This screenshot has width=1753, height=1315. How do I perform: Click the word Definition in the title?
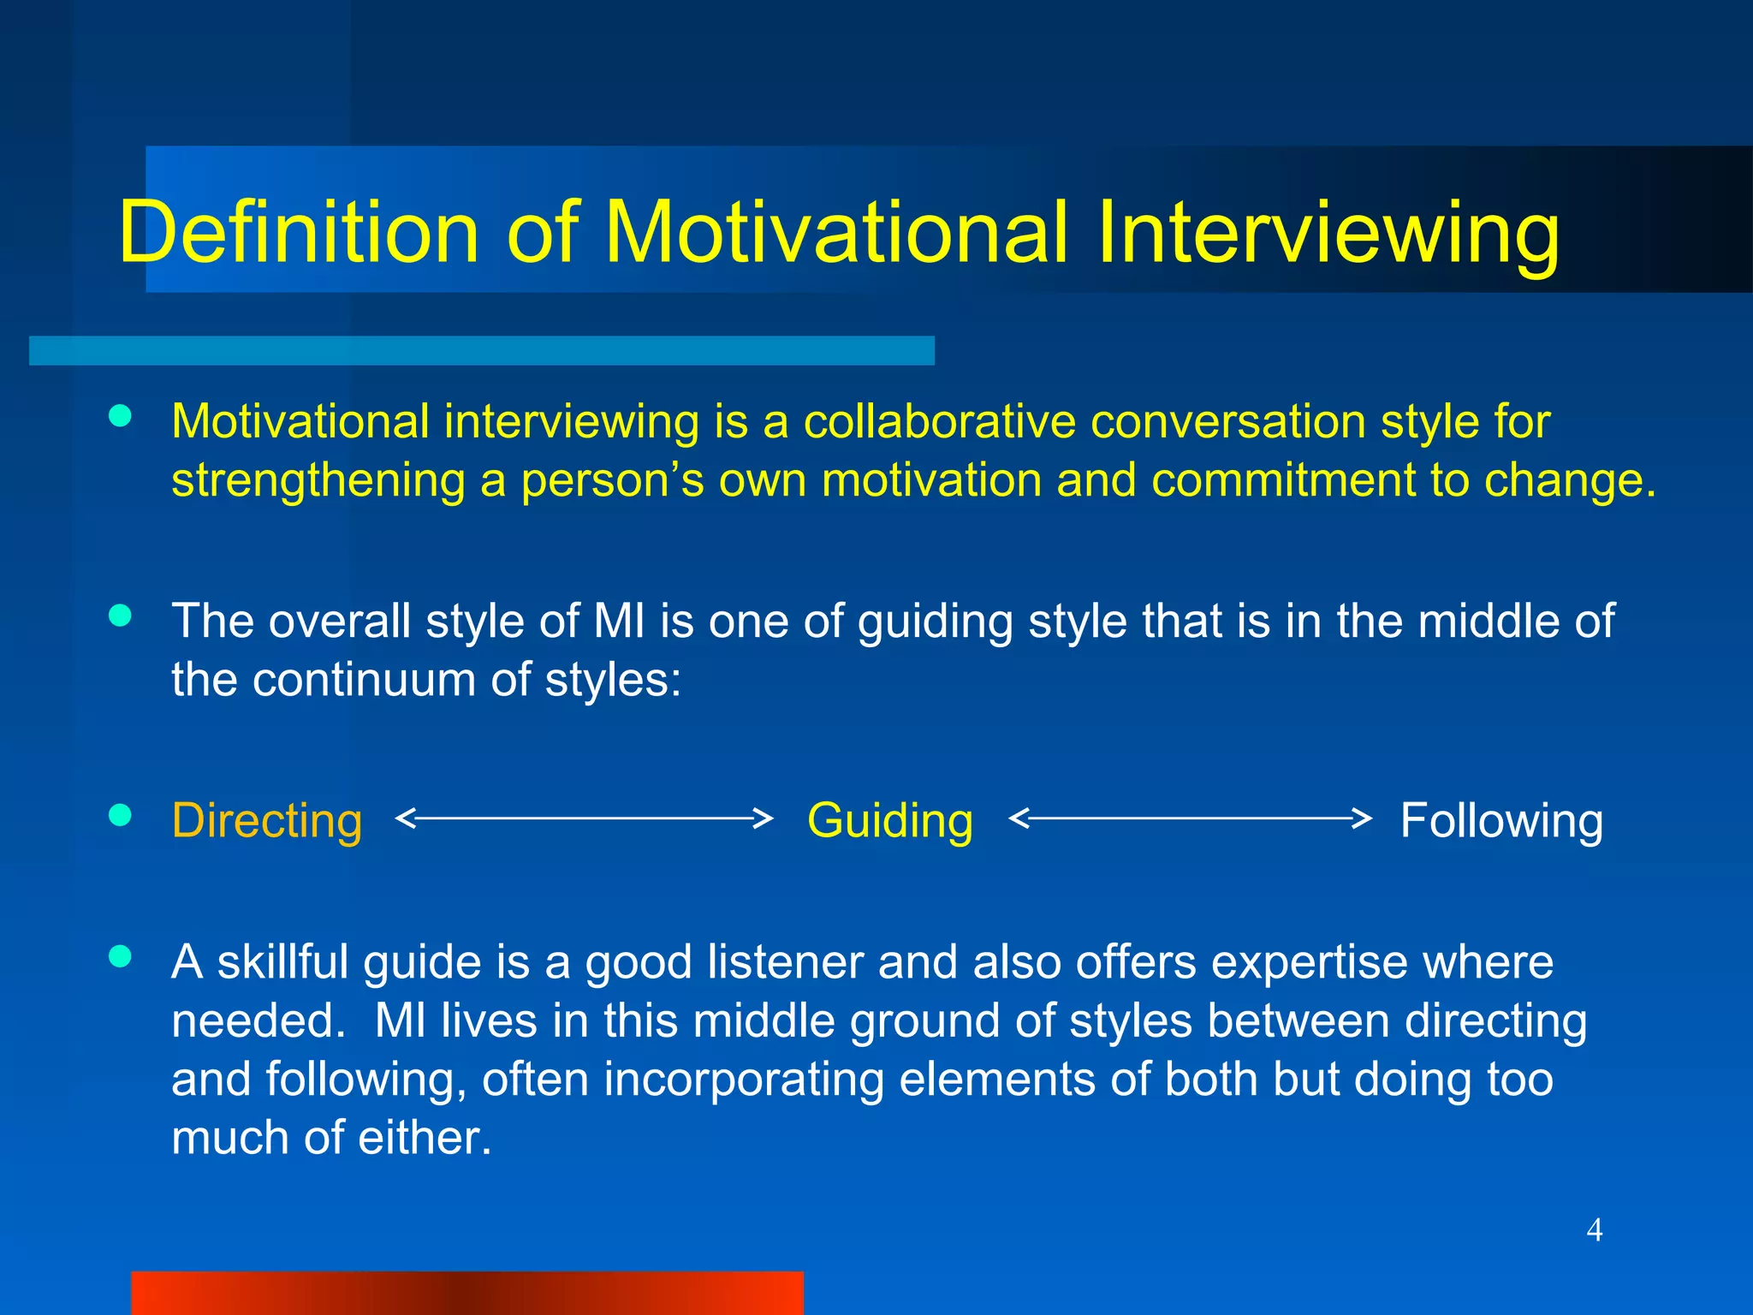coord(298,233)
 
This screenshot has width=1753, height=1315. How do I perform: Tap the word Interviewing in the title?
coord(1328,233)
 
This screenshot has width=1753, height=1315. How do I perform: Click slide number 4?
coord(1594,1230)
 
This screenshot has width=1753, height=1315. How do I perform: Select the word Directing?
coord(267,820)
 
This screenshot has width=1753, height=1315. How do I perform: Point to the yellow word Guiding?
coord(890,820)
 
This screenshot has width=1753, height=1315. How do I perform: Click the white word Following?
coord(1501,820)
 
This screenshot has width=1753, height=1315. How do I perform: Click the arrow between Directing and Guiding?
coord(584,818)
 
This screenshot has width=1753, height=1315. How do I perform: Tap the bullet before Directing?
coord(121,815)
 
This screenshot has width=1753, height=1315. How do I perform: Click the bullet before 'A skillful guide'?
coord(121,956)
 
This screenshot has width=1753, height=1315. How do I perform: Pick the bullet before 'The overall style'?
coord(121,616)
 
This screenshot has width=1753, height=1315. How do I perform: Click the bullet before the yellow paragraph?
coord(121,416)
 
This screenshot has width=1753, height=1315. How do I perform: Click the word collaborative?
coord(939,421)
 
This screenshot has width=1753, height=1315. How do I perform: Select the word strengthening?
coord(318,481)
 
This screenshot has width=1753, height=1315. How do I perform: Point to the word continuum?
coord(363,680)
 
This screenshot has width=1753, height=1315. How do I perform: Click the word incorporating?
coord(744,1080)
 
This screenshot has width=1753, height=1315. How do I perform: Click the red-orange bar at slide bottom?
coord(466,1293)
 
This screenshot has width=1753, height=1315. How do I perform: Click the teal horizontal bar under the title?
coord(481,350)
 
